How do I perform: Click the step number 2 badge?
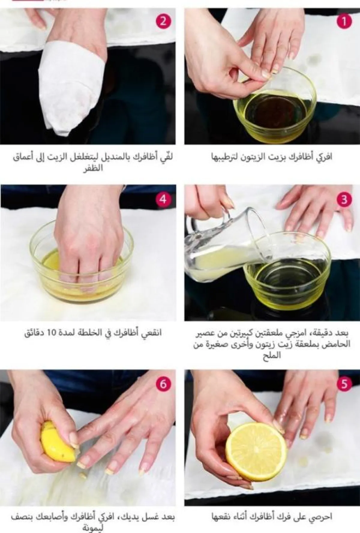click(x=163, y=21)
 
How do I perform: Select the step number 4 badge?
click(x=163, y=199)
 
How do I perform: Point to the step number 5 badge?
click(x=344, y=384)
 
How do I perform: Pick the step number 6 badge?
click(x=163, y=384)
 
